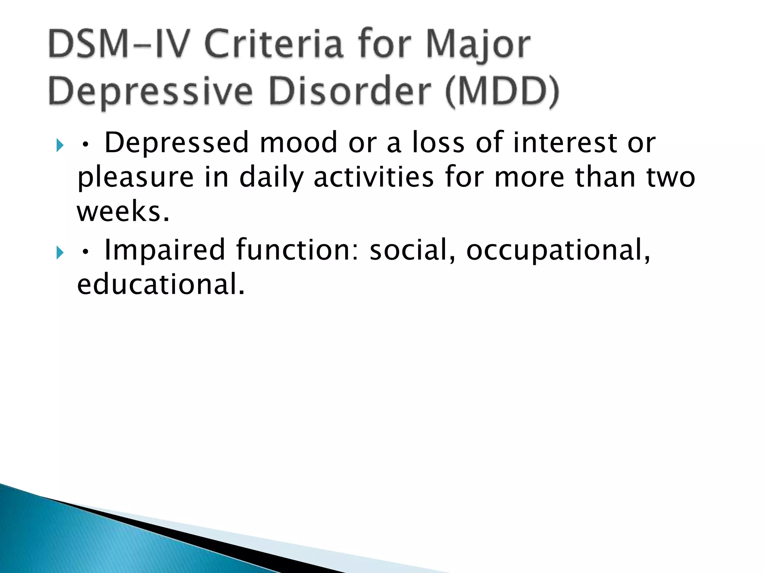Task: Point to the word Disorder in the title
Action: (x=350, y=91)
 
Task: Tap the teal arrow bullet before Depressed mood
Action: (x=60, y=145)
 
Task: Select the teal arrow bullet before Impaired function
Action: (x=60, y=253)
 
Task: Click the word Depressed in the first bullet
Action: (x=176, y=143)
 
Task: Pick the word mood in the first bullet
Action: (x=298, y=143)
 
